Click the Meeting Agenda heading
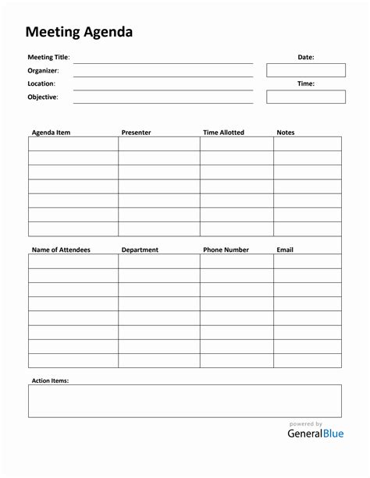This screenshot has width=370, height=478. pyautogui.click(x=79, y=32)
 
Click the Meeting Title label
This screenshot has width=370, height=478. pyautogui.click(x=48, y=57)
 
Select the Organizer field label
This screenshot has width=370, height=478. pyautogui.click(x=43, y=70)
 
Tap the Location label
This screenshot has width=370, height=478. pyautogui.click(x=41, y=83)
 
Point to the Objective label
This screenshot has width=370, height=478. pyautogui.click(x=43, y=97)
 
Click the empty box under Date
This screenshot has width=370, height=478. pyautogui.click(x=305, y=70)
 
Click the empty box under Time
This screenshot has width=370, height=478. pyautogui.click(x=305, y=97)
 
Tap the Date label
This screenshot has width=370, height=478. pyautogui.click(x=305, y=57)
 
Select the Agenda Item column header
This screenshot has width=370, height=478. pyautogui.click(x=51, y=133)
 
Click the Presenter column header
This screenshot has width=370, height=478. pyautogui.click(x=136, y=133)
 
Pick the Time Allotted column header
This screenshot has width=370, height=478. pyautogui.click(x=223, y=133)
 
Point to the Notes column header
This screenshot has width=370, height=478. pyautogui.click(x=286, y=133)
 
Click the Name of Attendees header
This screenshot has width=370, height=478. pyautogui.click(x=61, y=250)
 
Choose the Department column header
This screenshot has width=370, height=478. pyautogui.click(x=140, y=250)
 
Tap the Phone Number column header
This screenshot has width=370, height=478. pyautogui.click(x=226, y=250)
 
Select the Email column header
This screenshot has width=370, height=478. pyautogui.click(x=285, y=250)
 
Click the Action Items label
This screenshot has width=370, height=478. pyautogui.click(x=50, y=381)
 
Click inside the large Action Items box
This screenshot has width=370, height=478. pyautogui.click(x=185, y=401)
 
